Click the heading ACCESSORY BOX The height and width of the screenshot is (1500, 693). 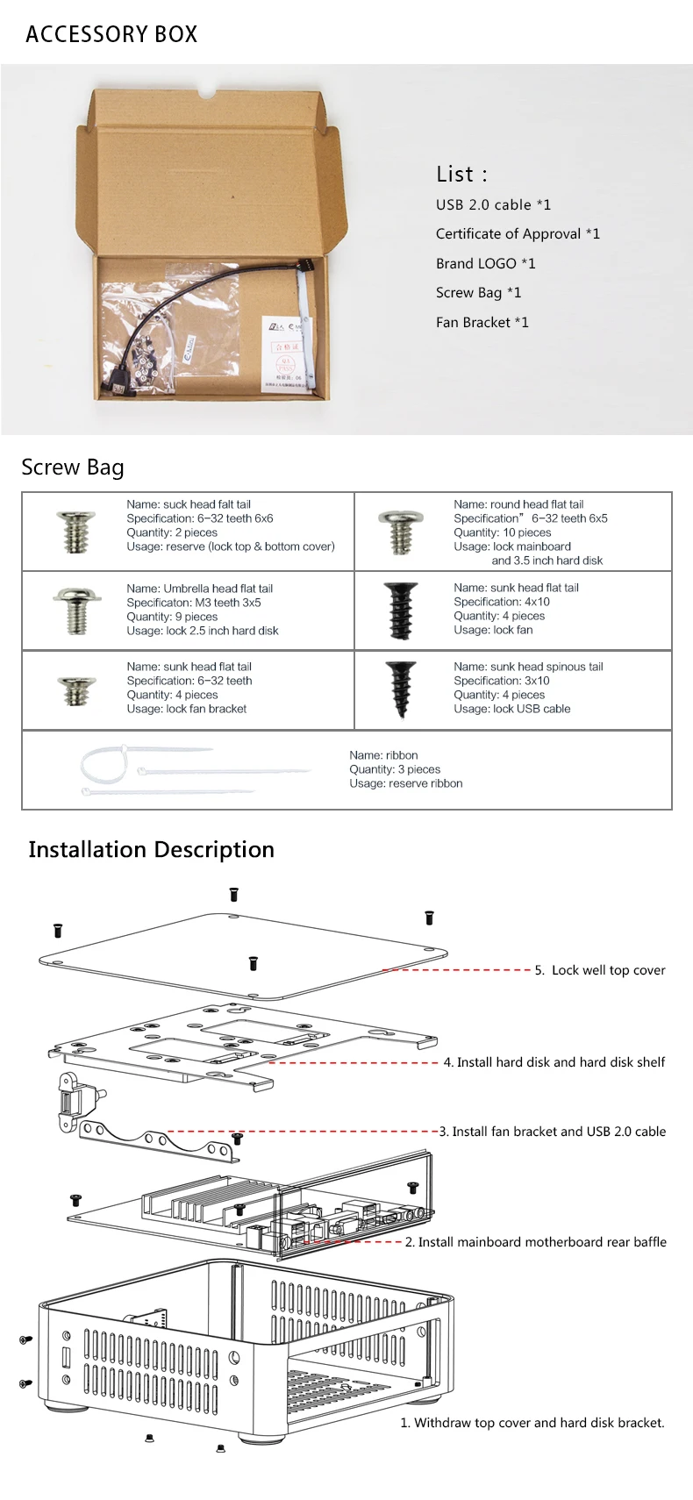point(111,34)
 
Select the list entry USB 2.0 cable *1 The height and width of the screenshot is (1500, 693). point(493,204)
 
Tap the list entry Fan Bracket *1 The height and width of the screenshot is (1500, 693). point(482,322)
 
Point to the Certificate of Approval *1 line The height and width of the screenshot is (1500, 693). point(518,233)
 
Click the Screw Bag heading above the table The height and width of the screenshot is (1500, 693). point(73,468)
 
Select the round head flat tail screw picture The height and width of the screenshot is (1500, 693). point(400,531)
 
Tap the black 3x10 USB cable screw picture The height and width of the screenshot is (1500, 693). point(400,689)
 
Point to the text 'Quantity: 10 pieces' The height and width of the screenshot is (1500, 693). point(502,532)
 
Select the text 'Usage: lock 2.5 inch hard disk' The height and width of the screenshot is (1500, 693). point(202,631)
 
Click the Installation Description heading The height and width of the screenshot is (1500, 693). point(151,849)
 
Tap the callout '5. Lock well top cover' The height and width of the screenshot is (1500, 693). point(600,970)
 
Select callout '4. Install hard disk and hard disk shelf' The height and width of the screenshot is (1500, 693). point(554,1062)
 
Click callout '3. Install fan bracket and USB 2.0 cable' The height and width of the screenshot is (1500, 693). point(552,1132)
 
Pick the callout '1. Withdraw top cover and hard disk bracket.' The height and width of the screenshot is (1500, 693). point(532,1423)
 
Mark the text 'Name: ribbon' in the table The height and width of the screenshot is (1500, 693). point(383,755)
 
